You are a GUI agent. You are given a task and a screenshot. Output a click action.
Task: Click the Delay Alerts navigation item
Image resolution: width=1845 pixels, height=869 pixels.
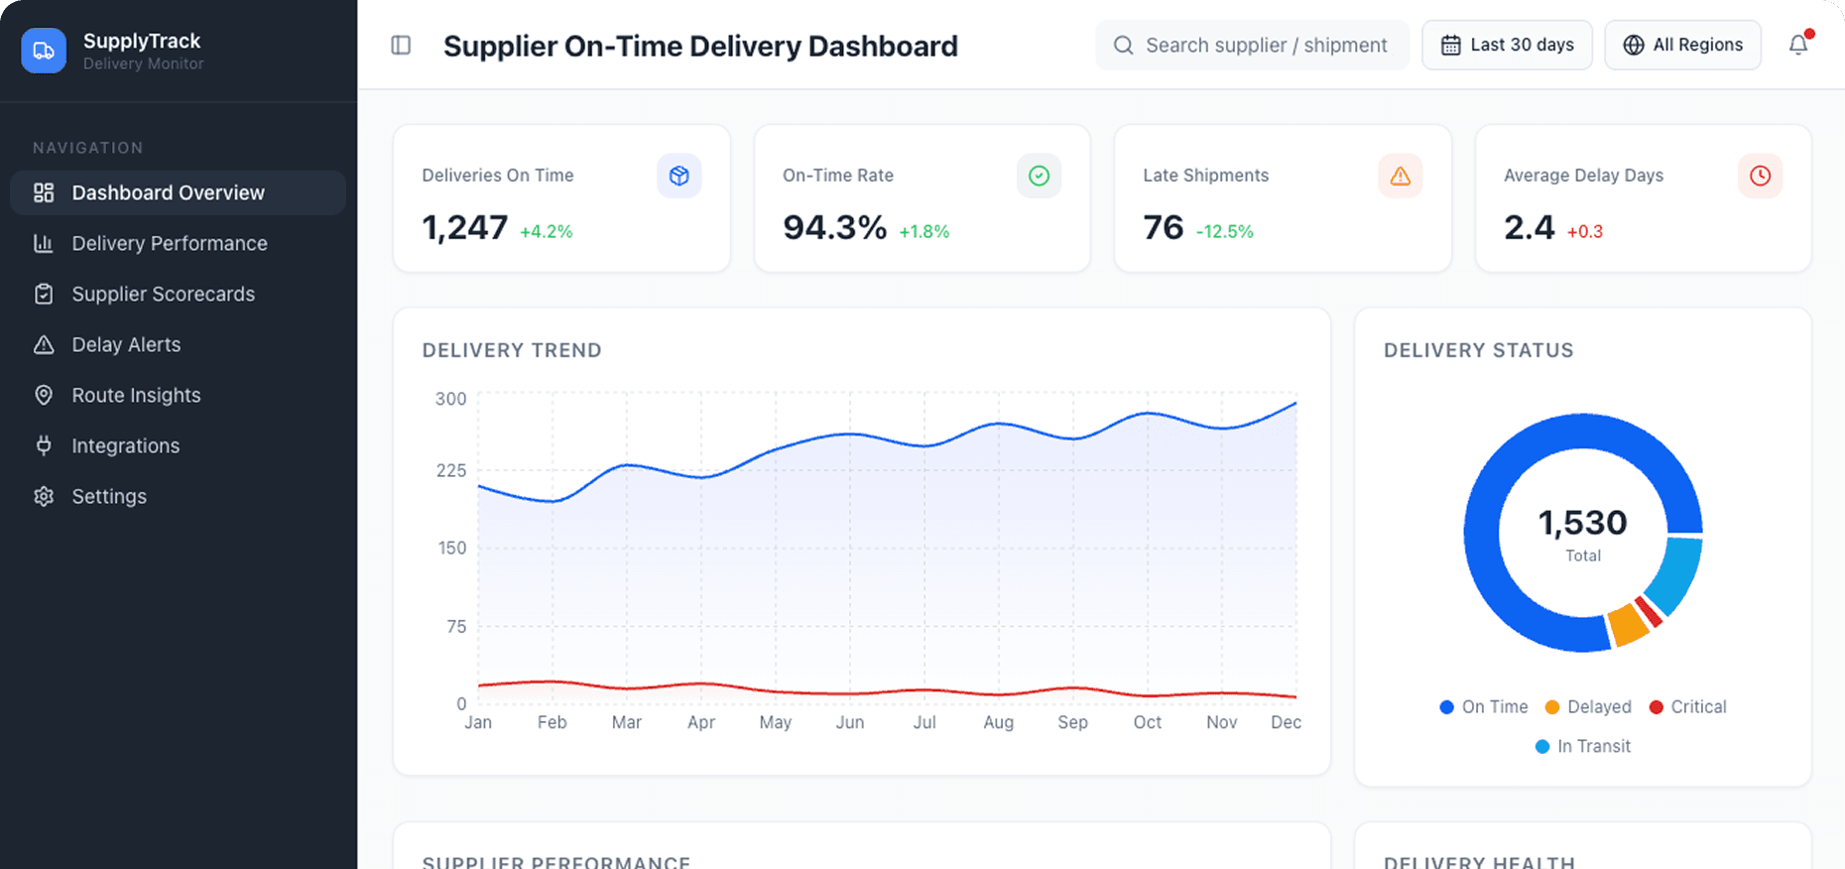point(126,345)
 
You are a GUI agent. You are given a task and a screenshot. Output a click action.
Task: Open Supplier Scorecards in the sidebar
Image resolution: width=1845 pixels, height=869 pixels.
point(163,295)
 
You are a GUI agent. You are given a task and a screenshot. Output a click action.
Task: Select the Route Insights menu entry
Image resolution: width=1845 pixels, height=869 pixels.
point(136,396)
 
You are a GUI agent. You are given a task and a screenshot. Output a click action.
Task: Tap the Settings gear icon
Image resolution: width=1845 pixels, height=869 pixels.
point(44,497)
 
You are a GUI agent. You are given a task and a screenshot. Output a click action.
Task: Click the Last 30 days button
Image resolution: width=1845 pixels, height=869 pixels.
point(1507,46)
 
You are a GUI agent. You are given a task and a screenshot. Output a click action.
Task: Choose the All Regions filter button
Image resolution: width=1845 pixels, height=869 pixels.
point(1682,46)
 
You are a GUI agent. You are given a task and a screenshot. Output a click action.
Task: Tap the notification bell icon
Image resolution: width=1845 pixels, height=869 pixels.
point(1797,46)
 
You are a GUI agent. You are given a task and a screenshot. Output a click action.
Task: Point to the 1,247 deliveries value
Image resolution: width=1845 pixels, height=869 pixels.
point(465,228)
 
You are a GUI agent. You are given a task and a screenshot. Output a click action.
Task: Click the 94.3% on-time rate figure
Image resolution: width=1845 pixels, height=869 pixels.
point(834,228)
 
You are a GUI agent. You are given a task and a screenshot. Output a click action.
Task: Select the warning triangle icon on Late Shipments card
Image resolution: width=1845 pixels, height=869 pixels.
point(1400,177)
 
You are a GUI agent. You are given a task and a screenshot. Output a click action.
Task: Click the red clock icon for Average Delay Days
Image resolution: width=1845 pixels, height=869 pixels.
point(1760,177)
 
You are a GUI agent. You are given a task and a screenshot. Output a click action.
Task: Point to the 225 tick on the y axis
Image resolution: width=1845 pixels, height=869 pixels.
point(451,471)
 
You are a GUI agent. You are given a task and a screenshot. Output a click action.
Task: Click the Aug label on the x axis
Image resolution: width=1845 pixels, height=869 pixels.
point(998,723)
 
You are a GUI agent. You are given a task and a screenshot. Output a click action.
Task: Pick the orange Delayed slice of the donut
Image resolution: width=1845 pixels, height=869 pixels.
point(1627,624)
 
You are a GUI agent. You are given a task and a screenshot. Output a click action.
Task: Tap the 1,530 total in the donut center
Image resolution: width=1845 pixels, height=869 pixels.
point(1582,523)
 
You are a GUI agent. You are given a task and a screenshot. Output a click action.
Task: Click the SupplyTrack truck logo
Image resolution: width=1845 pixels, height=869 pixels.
point(44,51)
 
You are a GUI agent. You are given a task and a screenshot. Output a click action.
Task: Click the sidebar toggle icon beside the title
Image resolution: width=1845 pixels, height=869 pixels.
point(401,46)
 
